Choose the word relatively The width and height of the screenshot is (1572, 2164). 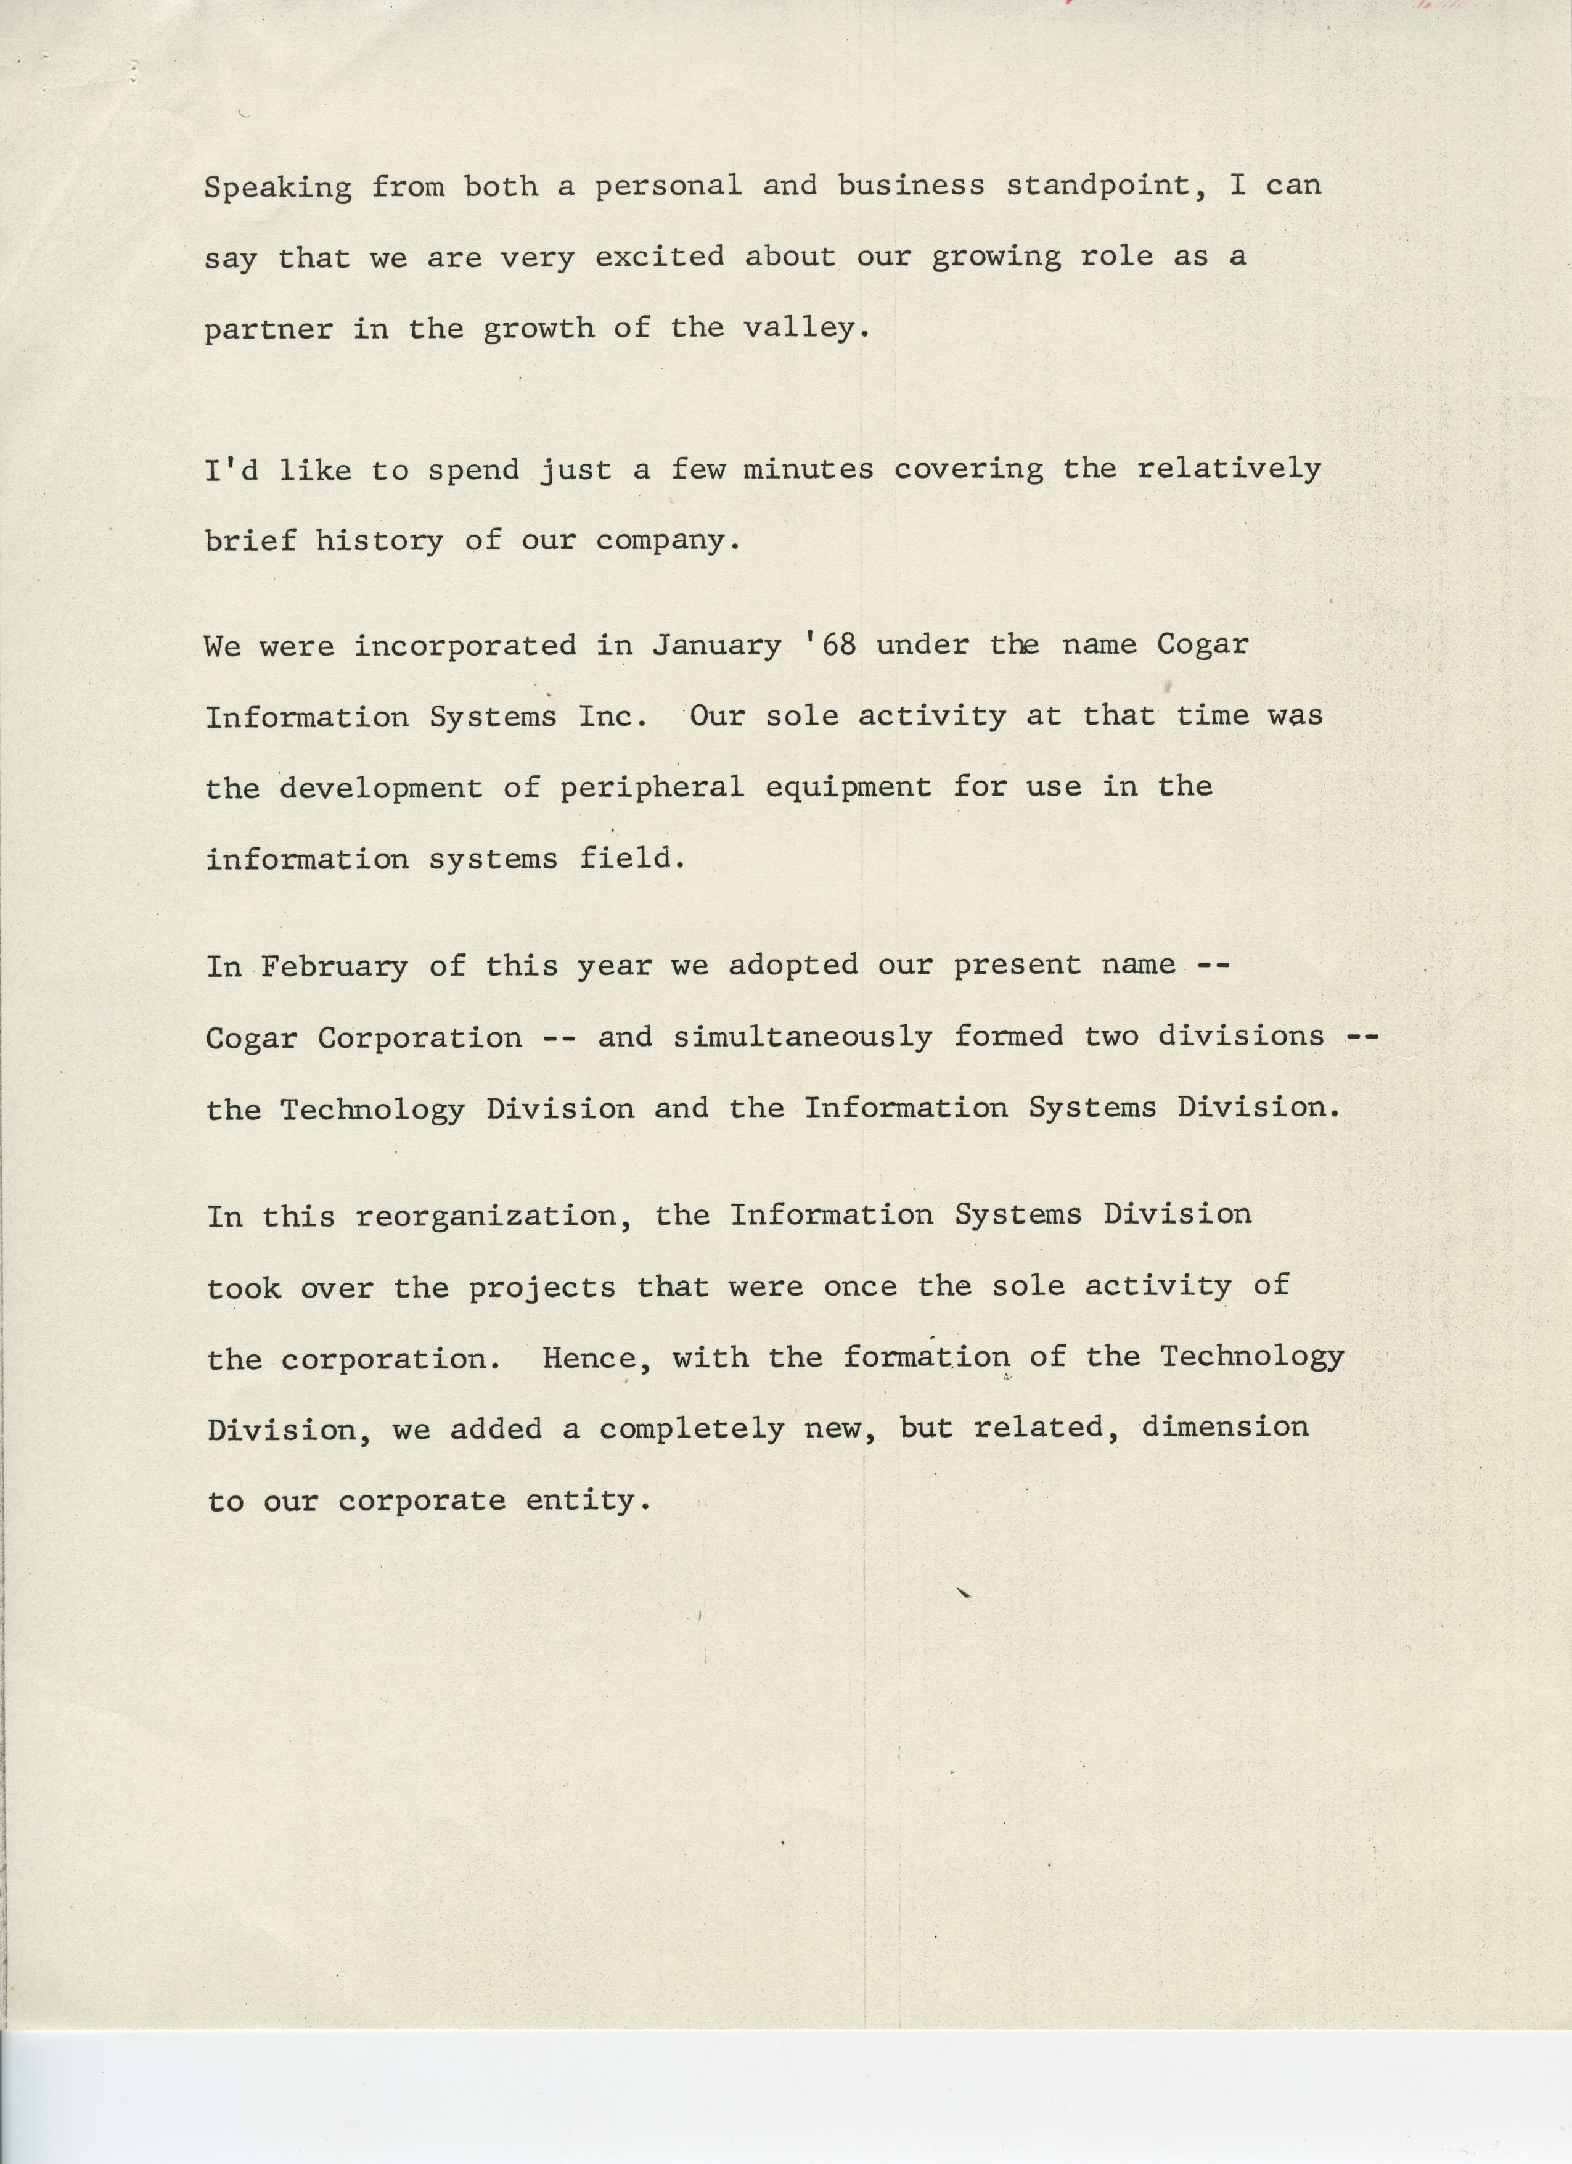pos(1229,469)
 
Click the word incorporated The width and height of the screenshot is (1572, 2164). pos(465,646)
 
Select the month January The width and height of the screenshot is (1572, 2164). pos(716,646)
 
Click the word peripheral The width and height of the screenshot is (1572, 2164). pos(652,788)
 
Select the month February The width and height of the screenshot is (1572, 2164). pos(334,966)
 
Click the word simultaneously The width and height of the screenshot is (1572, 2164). pos(802,1037)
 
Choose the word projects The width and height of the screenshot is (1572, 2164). pos(542,1288)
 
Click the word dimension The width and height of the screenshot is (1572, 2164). pos(1225,1428)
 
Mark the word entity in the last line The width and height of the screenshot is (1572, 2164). pos(589,1501)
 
